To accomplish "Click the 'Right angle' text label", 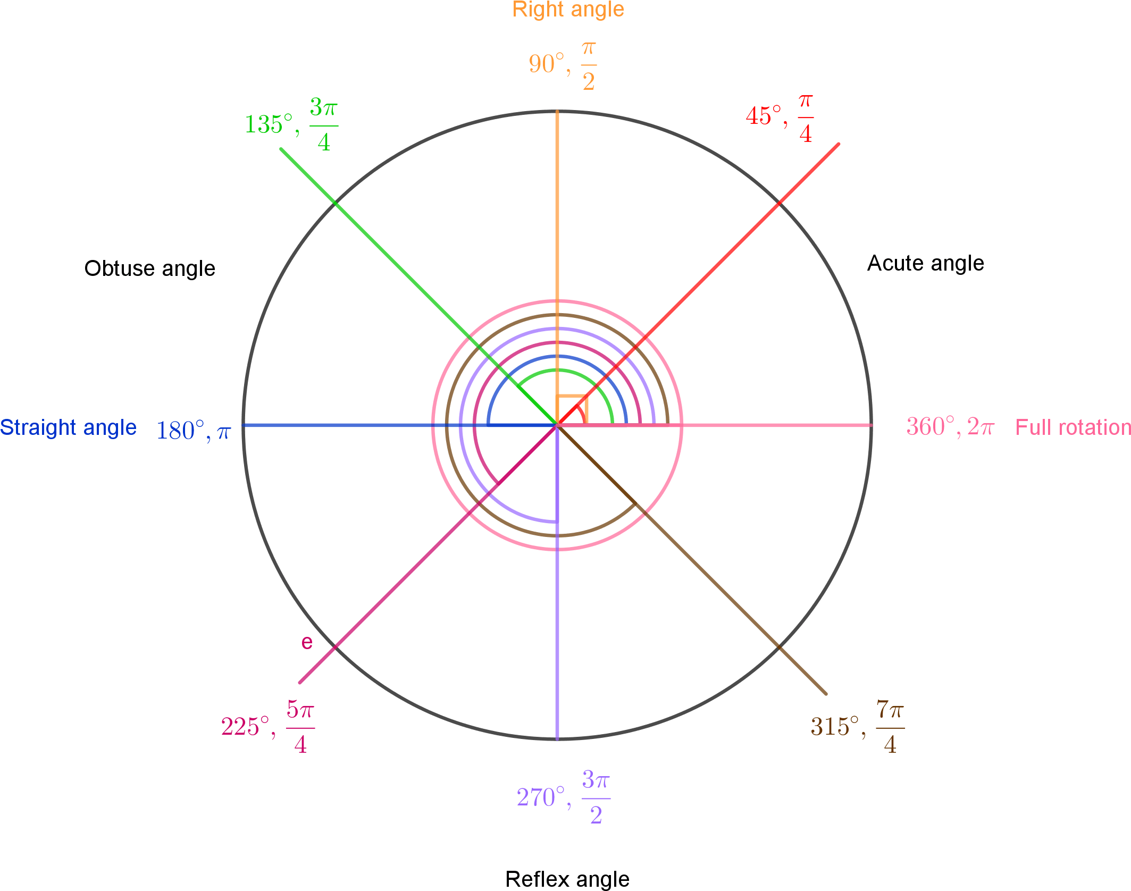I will [x=568, y=10].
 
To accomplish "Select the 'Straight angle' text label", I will [x=68, y=427].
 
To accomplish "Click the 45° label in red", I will [x=764, y=116].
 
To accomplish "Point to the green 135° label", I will [x=269, y=124].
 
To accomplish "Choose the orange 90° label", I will [x=547, y=64].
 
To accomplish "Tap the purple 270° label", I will [x=541, y=797].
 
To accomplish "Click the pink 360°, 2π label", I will [x=950, y=427].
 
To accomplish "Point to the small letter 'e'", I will [x=307, y=643].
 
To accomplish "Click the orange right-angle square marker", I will [x=572, y=410].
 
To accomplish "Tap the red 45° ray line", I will [x=718, y=264].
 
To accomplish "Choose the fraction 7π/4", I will [x=891, y=727].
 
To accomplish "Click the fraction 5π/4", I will [x=300, y=727].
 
